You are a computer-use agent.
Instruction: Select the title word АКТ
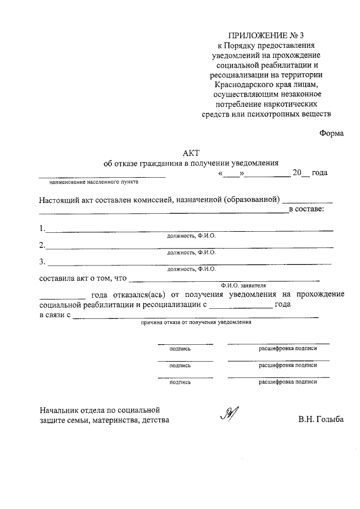click(191, 153)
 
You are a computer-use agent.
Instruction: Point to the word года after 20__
click(319, 173)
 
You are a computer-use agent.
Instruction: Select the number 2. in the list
click(42, 245)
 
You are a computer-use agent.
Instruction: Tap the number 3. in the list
click(42, 262)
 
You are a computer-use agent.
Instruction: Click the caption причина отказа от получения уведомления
click(196, 323)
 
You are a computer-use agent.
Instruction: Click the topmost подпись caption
click(180, 349)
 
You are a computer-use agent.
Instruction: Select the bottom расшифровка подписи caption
click(287, 381)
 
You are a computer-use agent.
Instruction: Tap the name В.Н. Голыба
click(321, 420)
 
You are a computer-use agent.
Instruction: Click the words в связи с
click(55, 316)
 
